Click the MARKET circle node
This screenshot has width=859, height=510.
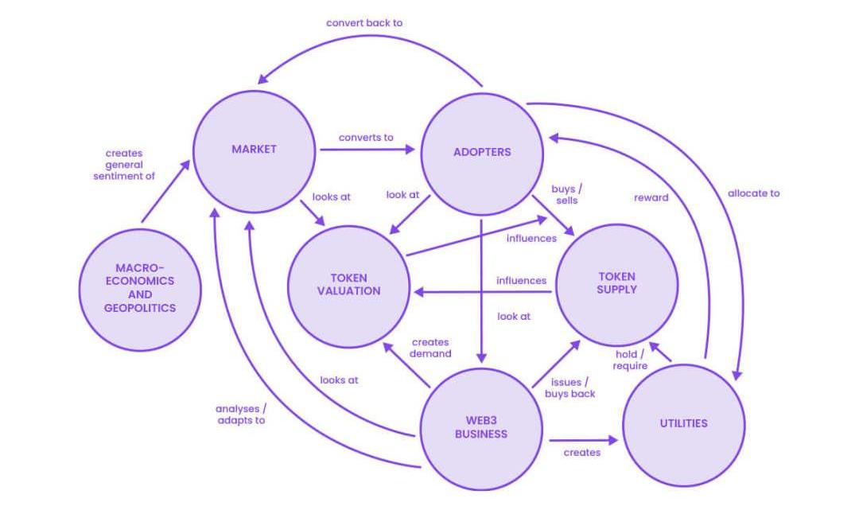click(254, 150)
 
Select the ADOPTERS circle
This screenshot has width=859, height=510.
click(481, 152)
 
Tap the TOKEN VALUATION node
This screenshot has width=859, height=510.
click(349, 285)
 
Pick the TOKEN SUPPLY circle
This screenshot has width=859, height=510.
click(616, 284)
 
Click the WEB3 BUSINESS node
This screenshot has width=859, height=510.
click(481, 427)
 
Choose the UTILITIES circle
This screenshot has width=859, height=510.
click(683, 423)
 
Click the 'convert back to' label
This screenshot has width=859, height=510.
click(364, 23)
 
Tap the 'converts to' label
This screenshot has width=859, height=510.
click(366, 138)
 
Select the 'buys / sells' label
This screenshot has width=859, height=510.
click(567, 195)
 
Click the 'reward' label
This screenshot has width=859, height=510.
click(651, 197)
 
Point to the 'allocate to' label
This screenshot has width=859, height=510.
click(753, 193)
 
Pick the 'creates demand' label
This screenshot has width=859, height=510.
click(431, 348)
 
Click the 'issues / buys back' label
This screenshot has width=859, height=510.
click(570, 388)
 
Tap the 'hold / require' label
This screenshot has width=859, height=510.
click(630, 360)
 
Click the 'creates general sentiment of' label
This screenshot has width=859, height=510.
click(123, 165)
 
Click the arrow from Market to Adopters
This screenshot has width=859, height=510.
click(366, 149)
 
